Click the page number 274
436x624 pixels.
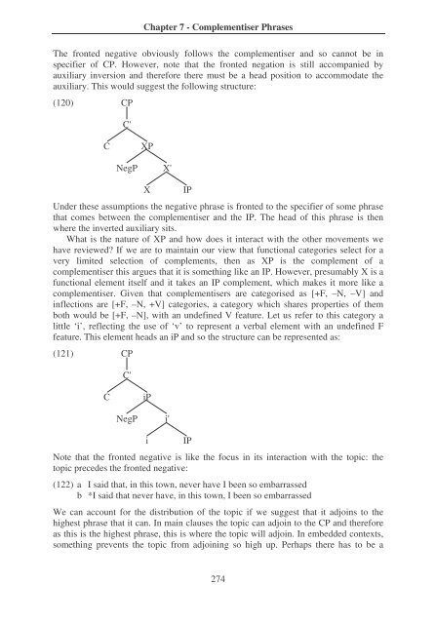(218, 581)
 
